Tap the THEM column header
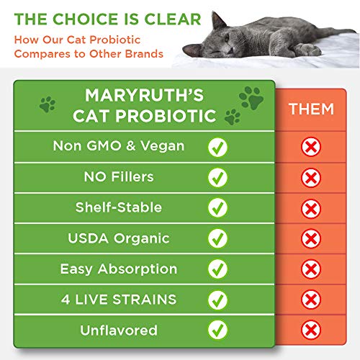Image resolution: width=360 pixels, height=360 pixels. click(x=311, y=109)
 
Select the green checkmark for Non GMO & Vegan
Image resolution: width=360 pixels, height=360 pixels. click(x=217, y=147)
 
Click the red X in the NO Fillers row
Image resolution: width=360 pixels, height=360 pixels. click(x=311, y=178)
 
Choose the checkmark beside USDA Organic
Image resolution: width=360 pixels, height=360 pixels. click(x=217, y=238)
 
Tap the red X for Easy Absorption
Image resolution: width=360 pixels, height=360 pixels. click(x=311, y=269)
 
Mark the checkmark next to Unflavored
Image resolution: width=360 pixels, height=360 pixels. click(x=217, y=330)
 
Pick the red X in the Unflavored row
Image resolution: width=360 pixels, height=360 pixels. click(x=311, y=330)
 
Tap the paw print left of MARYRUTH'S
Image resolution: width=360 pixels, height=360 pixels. click(x=48, y=104)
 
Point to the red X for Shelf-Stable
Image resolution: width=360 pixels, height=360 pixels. click(x=311, y=208)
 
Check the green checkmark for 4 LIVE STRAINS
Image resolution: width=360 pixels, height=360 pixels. click(x=217, y=300)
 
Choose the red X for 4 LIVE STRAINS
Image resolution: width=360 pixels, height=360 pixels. click(x=311, y=300)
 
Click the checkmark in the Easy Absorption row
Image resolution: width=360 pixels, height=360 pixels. click(x=217, y=269)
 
